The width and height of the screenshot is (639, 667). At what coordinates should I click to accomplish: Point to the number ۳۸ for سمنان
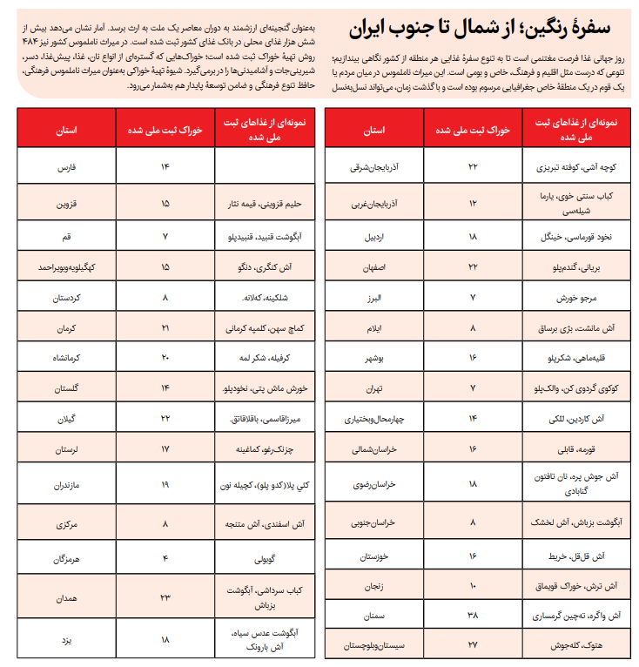pos(473,615)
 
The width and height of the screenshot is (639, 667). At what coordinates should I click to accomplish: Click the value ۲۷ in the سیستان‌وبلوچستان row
pos(473,645)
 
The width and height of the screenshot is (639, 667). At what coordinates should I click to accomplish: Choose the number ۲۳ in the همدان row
pos(165,597)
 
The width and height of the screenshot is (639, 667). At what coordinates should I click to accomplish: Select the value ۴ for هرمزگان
pos(165,557)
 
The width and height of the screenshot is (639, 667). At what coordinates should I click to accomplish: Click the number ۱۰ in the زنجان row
pos(473,585)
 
